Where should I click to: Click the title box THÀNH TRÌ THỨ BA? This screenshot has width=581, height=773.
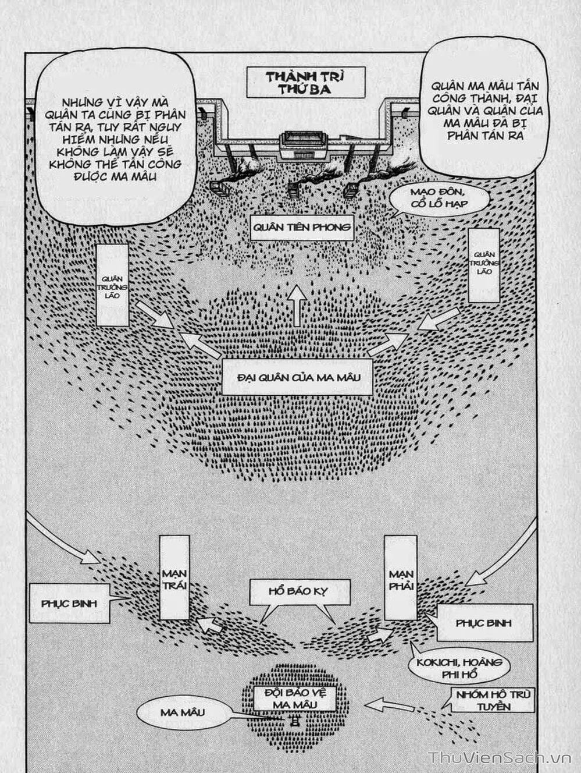[306, 82]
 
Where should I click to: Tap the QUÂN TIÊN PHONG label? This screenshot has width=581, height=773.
[302, 228]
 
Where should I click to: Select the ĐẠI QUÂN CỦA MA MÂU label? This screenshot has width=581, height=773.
[297, 378]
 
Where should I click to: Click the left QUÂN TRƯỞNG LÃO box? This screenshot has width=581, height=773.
[112, 285]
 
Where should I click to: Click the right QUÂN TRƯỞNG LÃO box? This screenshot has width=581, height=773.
[484, 265]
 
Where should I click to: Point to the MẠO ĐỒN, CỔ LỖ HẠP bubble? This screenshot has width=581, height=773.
[438, 198]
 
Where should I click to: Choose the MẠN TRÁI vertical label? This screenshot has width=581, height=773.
[174, 577]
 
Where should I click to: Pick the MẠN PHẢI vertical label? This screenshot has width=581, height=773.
[401, 577]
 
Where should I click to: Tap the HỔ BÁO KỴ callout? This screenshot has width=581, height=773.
[299, 592]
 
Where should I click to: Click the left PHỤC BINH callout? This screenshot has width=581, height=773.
[69, 603]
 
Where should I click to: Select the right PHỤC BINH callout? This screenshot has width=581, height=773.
[484, 622]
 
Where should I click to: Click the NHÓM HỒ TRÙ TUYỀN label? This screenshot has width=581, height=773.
[492, 700]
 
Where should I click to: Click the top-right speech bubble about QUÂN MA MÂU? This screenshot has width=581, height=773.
[484, 111]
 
